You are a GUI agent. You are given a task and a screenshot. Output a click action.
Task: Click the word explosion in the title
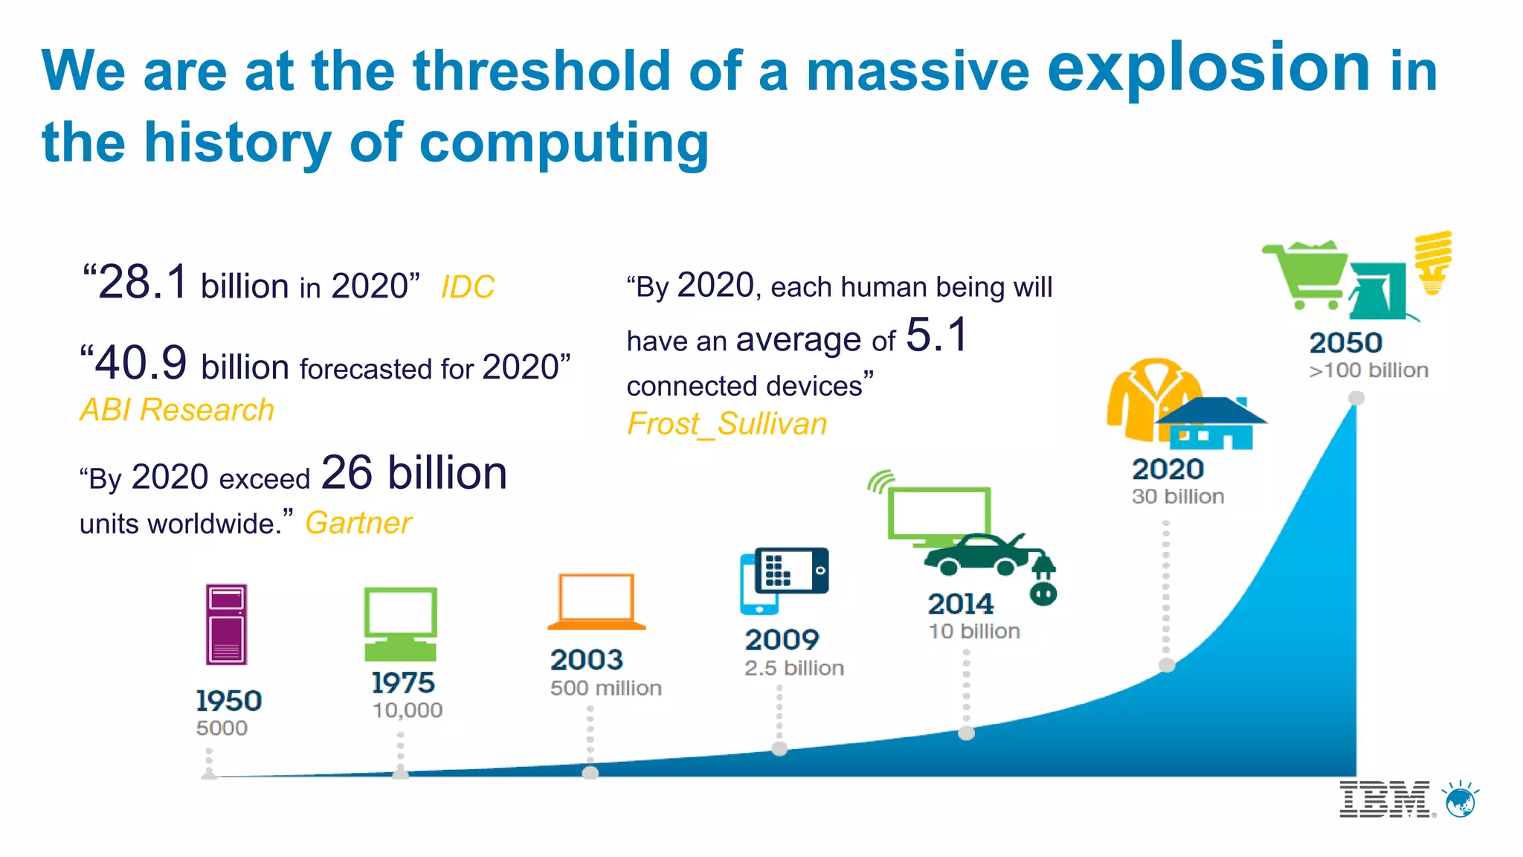pos(1208,68)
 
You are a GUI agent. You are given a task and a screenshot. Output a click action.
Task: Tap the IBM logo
pos(1385,800)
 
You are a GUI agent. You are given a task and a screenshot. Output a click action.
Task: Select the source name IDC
pos(467,287)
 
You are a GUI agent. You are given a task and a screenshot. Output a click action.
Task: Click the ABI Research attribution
pos(177,410)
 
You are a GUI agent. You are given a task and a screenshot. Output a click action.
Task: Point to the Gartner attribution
pos(358,523)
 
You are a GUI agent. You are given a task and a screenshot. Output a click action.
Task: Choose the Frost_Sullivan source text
pos(727,424)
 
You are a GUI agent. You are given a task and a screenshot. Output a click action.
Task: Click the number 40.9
pos(141,364)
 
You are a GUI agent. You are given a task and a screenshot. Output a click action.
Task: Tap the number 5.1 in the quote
pos(937,335)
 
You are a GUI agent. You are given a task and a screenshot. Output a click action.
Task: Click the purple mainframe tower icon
pos(226,624)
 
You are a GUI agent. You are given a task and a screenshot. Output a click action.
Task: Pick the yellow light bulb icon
pos(1433,262)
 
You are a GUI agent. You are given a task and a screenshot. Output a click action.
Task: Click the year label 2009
pos(782,640)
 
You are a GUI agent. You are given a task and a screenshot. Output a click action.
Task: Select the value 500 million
pos(605,688)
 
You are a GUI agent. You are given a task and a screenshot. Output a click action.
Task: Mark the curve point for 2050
pos(1356,398)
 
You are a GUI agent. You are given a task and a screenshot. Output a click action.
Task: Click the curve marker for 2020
pos(1167,665)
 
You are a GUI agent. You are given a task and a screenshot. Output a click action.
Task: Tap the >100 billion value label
pos(1368,370)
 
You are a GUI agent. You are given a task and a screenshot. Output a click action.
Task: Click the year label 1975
pos(403,683)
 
